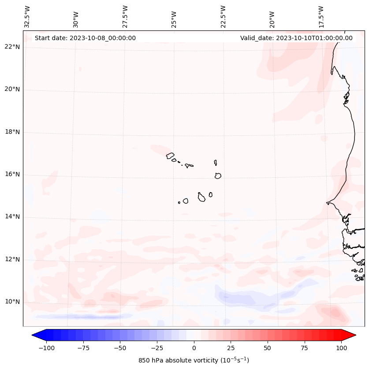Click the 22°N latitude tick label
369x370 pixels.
(13, 47)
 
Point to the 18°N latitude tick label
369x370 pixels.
(13, 132)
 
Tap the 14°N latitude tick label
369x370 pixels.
(13, 217)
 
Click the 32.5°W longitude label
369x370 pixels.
(27, 17)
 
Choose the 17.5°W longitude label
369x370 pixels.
(321, 17)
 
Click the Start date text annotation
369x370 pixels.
(85, 38)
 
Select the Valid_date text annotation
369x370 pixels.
(296, 38)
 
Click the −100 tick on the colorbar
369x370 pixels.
(46, 348)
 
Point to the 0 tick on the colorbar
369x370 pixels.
(194, 348)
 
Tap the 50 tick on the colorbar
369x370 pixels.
(267, 348)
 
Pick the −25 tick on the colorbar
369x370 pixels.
(157, 348)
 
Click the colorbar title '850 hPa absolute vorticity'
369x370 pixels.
(194, 360)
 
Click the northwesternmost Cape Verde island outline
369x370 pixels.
(170, 155)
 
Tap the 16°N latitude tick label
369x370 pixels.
(13, 175)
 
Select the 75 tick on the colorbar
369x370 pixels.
(304, 348)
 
